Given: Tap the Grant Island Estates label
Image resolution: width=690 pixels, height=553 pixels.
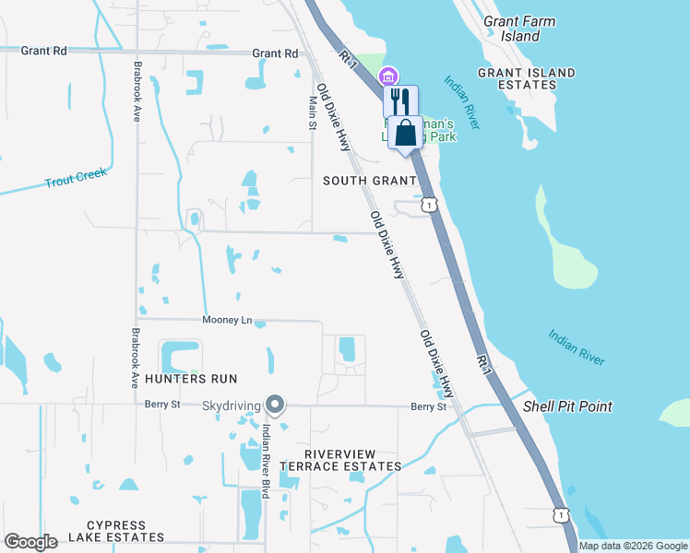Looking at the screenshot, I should click(x=527, y=78).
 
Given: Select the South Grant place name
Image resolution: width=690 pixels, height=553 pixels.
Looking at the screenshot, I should click(x=370, y=181).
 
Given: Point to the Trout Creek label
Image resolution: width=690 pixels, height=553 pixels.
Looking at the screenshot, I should click(x=77, y=179).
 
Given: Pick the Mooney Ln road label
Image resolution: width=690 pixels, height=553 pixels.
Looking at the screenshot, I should click(x=227, y=320).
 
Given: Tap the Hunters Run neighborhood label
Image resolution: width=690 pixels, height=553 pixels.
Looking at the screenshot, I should click(x=184, y=379).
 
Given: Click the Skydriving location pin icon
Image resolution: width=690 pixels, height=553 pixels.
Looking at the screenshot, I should click(x=274, y=405).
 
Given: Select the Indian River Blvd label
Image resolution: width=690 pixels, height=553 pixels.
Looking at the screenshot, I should click(x=265, y=461).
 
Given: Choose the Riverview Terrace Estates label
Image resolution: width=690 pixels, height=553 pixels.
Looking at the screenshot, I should click(x=354, y=460).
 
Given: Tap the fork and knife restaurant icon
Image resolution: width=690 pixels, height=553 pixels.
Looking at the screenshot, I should click(x=400, y=100).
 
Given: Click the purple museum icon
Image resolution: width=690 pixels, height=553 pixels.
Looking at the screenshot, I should click(x=388, y=76).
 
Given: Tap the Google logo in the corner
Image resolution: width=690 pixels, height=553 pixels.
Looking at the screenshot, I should click(x=31, y=542).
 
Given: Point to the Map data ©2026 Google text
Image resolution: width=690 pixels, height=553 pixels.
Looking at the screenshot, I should click(x=633, y=546).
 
